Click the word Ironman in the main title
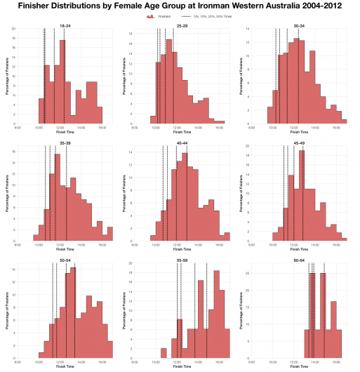click(x=226, y=6)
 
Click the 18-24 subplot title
click(x=65, y=25)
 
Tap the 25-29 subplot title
click(x=182, y=25)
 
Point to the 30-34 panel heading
click(x=299, y=25)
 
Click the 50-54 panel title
click(x=65, y=260)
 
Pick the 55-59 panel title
click(x=182, y=260)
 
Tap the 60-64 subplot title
click(x=299, y=260)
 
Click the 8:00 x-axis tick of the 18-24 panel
click(x=18, y=127)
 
